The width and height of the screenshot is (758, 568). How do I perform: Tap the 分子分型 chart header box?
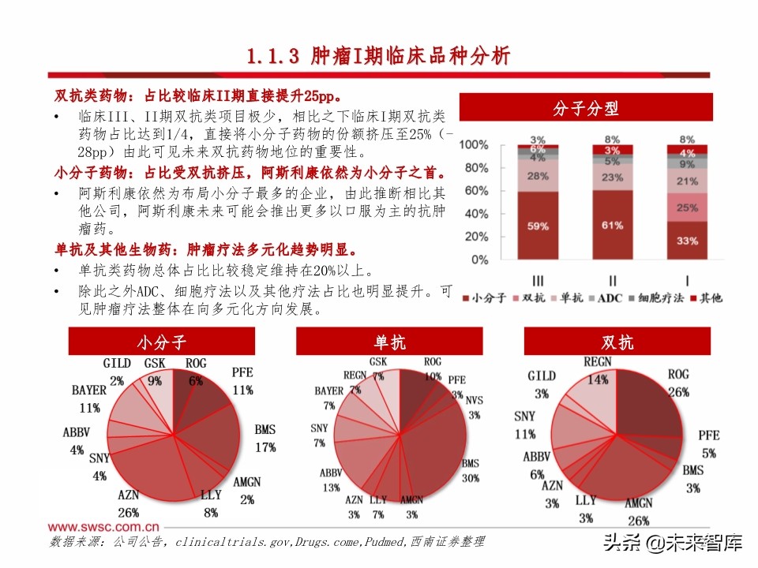tap(586, 108)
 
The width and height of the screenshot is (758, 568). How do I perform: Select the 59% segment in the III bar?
tap(538, 226)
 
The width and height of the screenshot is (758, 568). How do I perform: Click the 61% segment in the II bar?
tap(613, 225)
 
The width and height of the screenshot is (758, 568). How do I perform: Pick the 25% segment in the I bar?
tap(686, 207)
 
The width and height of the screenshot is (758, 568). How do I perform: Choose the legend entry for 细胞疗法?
tap(656, 298)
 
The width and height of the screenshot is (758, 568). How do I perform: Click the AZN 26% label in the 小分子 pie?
tap(129, 503)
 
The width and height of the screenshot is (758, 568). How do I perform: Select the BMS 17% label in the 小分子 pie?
tap(265, 439)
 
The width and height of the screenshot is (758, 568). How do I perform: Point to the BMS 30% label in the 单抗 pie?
tap(471, 471)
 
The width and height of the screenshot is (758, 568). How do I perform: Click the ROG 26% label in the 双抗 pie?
tap(678, 382)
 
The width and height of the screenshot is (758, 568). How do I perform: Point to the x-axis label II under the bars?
tap(612, 279)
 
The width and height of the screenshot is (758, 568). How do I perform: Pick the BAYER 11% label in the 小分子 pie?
tap(88, 398)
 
